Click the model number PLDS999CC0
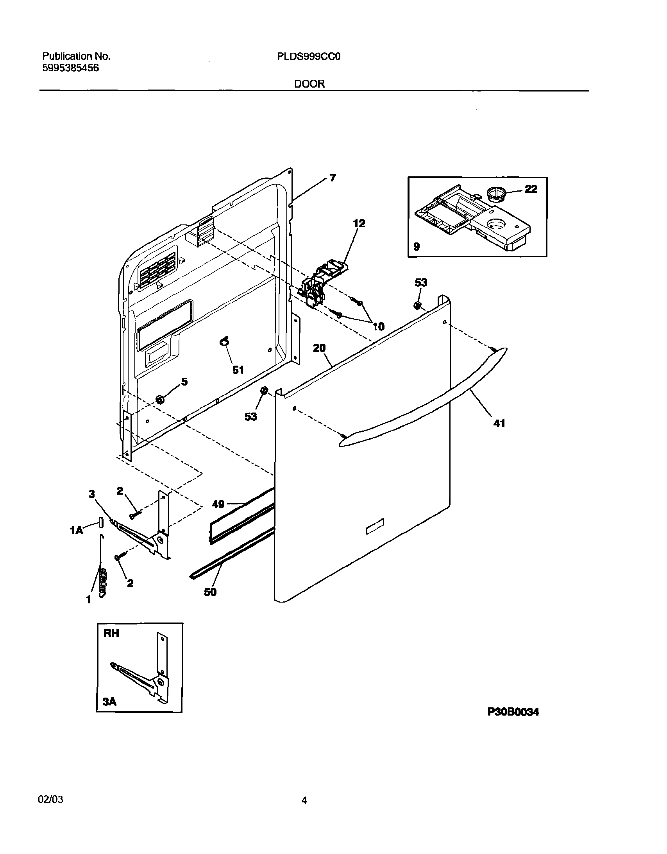(x=309, y=57)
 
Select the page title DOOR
(x=309, y=84)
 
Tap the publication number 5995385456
(x=70, y=68)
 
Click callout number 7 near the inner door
(x=333, y=178)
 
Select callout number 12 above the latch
(x=359, y=223)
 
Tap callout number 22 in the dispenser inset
(x=531, y=189)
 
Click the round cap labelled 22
(x=496, y=194)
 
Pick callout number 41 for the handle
(x=499, y=423)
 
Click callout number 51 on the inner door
(x=238, y=370)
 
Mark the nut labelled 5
(x=159, y=399)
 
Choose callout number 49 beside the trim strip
(x=218, y=504)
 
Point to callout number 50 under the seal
(x=210, y=592)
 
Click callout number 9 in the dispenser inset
(x=417, y=246)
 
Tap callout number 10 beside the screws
(x=378, y=326)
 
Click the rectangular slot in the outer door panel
(x=375, y=526)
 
